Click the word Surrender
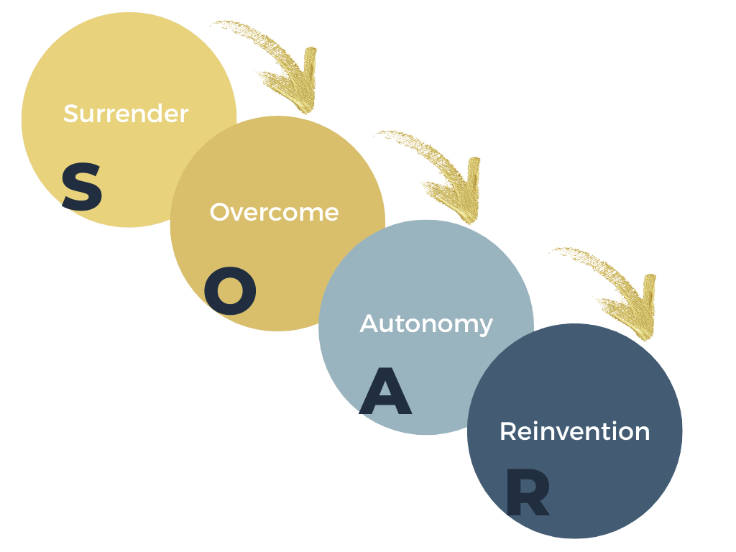click(x=126, y=114)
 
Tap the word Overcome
click(x=274, y=212)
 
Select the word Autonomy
click(x=426, y=323)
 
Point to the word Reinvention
click(x=574, y=431)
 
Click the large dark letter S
click(x=82, y=186)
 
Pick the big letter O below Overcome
click(x=230, y=295)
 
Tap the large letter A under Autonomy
click(x=385, y=392)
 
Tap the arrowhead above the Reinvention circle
click(x=640, y=313)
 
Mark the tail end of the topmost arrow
click(x=216, y=25)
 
